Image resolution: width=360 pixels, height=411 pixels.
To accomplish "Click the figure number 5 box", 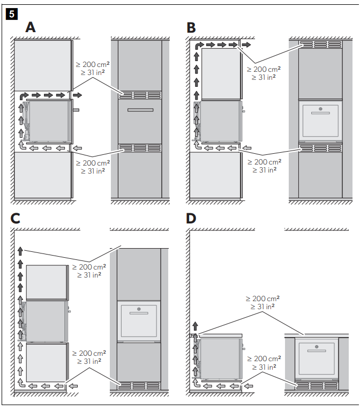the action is tap(12, 14).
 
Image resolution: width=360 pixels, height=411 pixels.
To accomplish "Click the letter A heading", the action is tap(31, 27).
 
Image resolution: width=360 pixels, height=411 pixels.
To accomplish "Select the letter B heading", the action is tap(191, 27).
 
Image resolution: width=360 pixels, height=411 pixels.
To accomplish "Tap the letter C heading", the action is tap(15, 218).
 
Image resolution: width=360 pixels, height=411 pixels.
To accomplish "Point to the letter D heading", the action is tap(191, 218).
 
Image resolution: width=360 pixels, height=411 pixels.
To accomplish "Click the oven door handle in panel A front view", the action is tap(140, 110).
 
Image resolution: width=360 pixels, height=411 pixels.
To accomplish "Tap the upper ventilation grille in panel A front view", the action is tap(140, 95).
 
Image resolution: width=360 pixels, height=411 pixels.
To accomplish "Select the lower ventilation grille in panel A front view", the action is tap(140, 148).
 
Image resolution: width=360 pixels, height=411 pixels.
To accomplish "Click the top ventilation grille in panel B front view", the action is tap(320, 44).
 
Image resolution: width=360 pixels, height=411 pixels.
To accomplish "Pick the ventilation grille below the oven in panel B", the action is tap(320, 148).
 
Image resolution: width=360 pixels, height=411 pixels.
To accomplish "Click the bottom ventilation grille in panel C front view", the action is tap(139, 386).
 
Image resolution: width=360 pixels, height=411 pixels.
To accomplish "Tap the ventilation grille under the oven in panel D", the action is tap(317, 386).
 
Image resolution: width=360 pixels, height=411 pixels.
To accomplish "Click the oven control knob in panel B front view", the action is tap(320, 109).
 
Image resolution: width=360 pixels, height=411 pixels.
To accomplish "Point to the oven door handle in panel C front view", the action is tap(139, 313).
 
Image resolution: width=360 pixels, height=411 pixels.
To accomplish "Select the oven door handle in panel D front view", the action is tap(317, 350).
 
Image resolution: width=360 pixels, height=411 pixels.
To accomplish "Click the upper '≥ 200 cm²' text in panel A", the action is tap(93, 64).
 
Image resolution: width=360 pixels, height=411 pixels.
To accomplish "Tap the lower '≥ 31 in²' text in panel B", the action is tap(264, 170).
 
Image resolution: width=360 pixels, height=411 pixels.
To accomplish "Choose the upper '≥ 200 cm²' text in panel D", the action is tap(262, 298).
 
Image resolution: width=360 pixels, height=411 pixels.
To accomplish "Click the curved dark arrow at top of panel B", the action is tap(199, 47).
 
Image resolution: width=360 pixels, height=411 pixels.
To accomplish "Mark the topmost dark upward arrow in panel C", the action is tap(20, 251).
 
